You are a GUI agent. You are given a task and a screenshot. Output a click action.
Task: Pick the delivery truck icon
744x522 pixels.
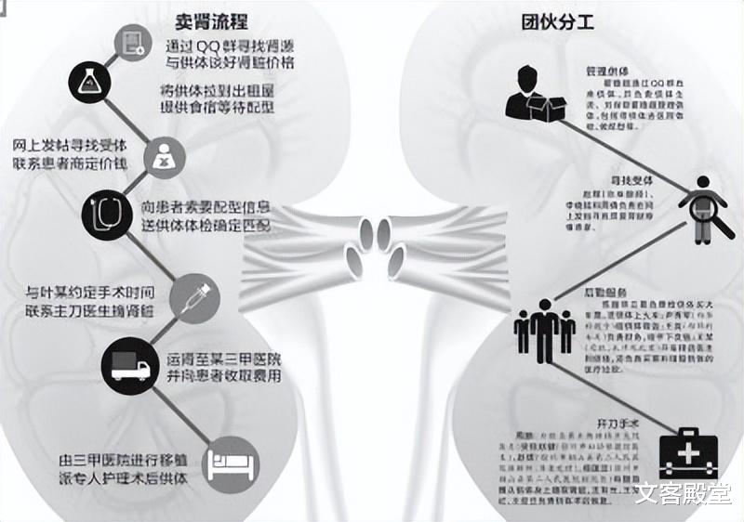[x=130, y=363]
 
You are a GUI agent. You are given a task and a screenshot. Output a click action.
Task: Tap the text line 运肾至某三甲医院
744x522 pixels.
[x=223, y=358]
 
